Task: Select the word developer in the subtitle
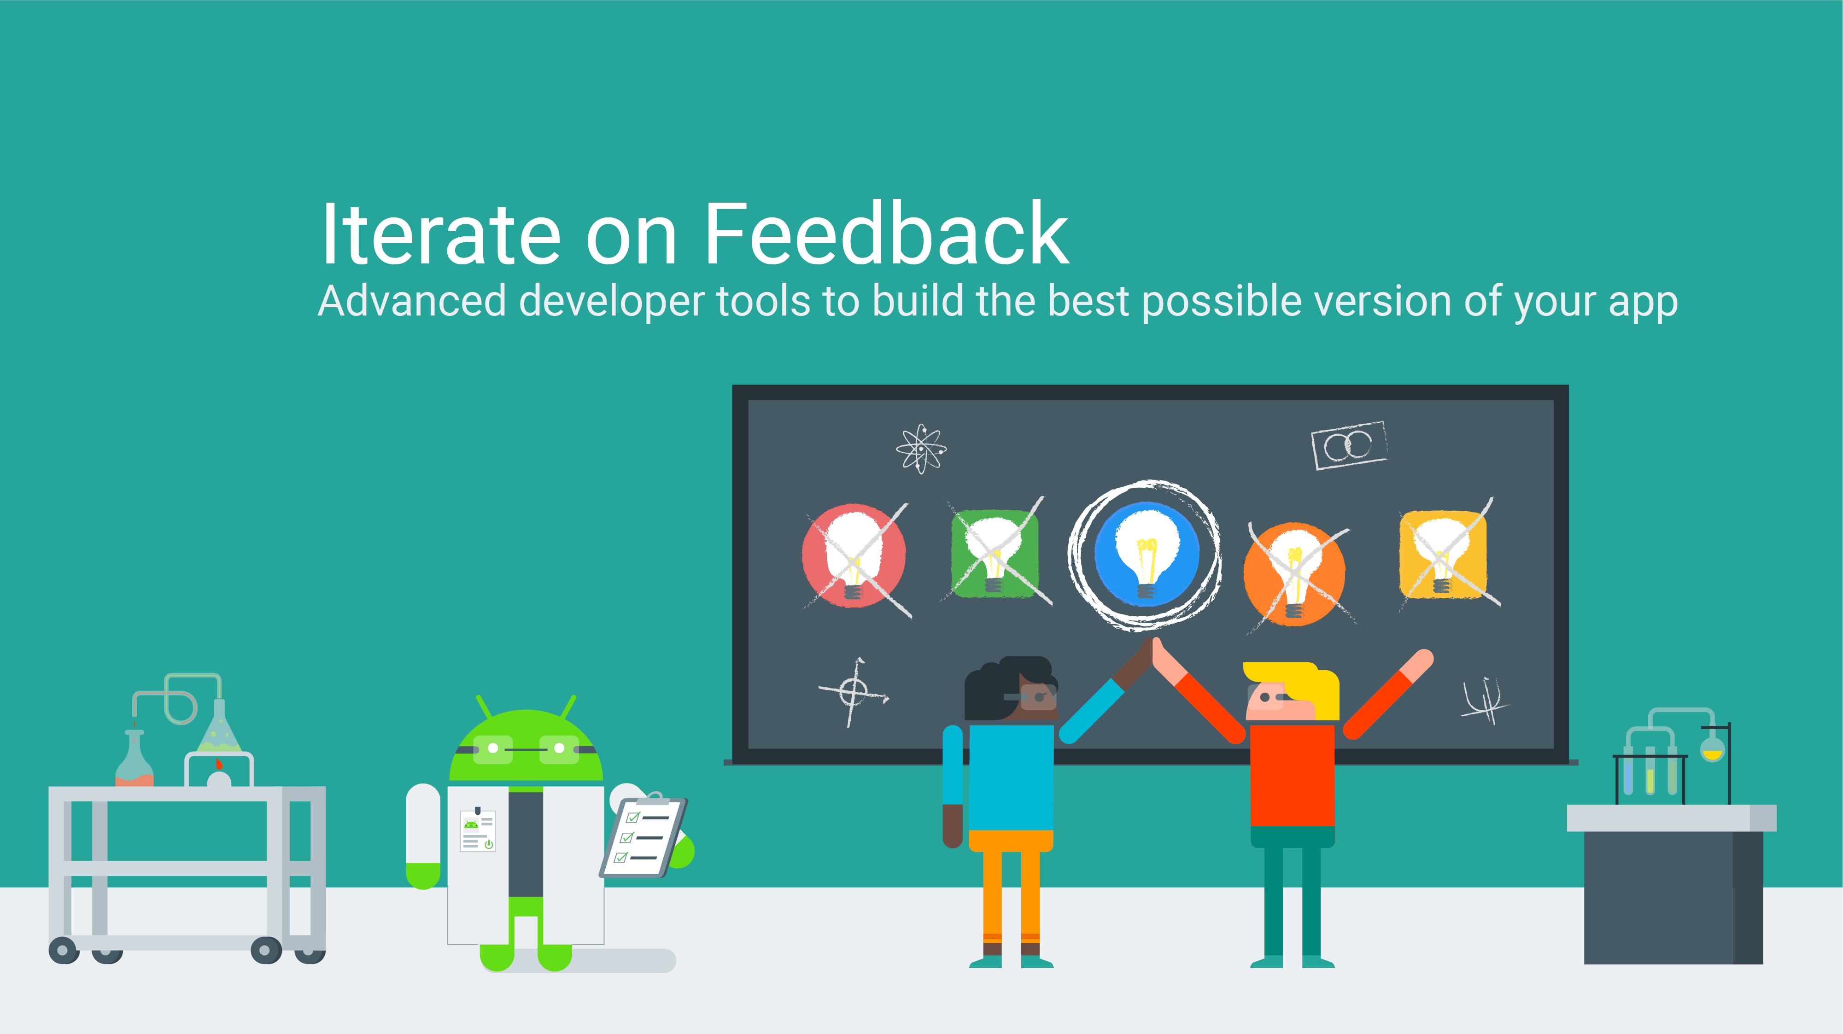pos(612,301)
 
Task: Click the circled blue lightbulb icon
pos(1146,554)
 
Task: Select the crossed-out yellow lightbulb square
pos(1443,554)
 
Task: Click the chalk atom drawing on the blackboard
pos(921,449)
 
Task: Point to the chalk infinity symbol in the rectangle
pos(1349,445)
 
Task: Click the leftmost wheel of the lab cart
pos(63,950)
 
